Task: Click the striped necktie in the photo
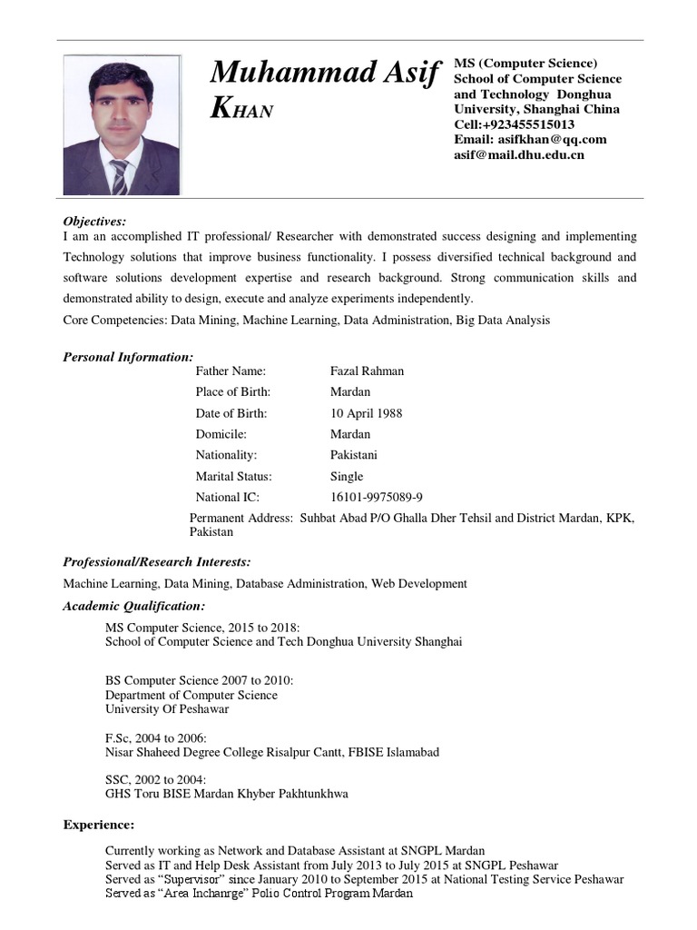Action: pos(120,175)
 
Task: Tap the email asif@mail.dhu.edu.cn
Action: pos(519,155)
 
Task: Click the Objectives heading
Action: pos(94,221)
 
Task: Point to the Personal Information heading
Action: pos(128,357)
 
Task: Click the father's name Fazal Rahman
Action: pos(367,371)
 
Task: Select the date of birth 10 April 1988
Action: pos(366,413)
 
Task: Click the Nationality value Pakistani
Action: pos(353,455)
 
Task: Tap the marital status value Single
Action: pos(346,476)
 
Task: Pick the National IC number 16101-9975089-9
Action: pos(376,498)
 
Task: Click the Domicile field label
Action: pos(221,434)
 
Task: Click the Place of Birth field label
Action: pos(232,392)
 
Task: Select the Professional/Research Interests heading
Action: pos(156,562)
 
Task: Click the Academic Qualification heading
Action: pos(133,606)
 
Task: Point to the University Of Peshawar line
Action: pos(167,709)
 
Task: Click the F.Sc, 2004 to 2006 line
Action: pos(155,737)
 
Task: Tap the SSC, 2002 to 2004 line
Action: pos(155,779)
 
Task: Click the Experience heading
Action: pos(98,825)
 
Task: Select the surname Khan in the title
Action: pos(241,109)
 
